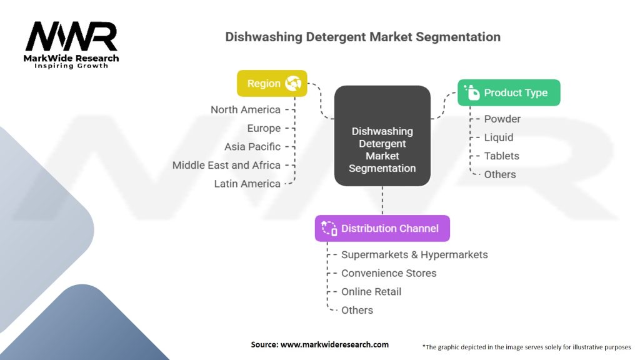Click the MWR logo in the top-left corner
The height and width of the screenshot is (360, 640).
tap(71, 37)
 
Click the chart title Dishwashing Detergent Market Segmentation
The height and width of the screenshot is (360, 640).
tap(362, 37)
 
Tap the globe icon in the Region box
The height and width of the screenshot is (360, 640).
tap(292, 83)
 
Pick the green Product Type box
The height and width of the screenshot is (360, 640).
tap(509, 92)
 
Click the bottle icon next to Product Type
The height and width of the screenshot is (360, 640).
tap(472, 92)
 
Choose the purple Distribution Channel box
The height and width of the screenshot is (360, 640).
tap(382, 228)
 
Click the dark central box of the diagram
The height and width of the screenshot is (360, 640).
tap(382, 136)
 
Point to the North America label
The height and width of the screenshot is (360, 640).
tap(245, 110)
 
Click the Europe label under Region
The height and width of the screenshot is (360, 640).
tap(264, 128)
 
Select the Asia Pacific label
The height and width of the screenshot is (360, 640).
tap(252, 147)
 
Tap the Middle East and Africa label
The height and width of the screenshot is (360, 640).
tap(226, 165)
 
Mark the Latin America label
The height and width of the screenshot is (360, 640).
tap(247, 184)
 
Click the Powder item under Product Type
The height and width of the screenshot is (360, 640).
tap(502, 119)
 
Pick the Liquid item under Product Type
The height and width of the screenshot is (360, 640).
tap(499, 137)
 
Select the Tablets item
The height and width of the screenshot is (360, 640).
tap(501, 156)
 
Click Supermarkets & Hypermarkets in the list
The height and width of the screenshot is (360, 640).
tap(414, 254)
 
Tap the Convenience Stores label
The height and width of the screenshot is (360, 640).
tap(388, 273)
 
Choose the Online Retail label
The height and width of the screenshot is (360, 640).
tap(371, 291)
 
